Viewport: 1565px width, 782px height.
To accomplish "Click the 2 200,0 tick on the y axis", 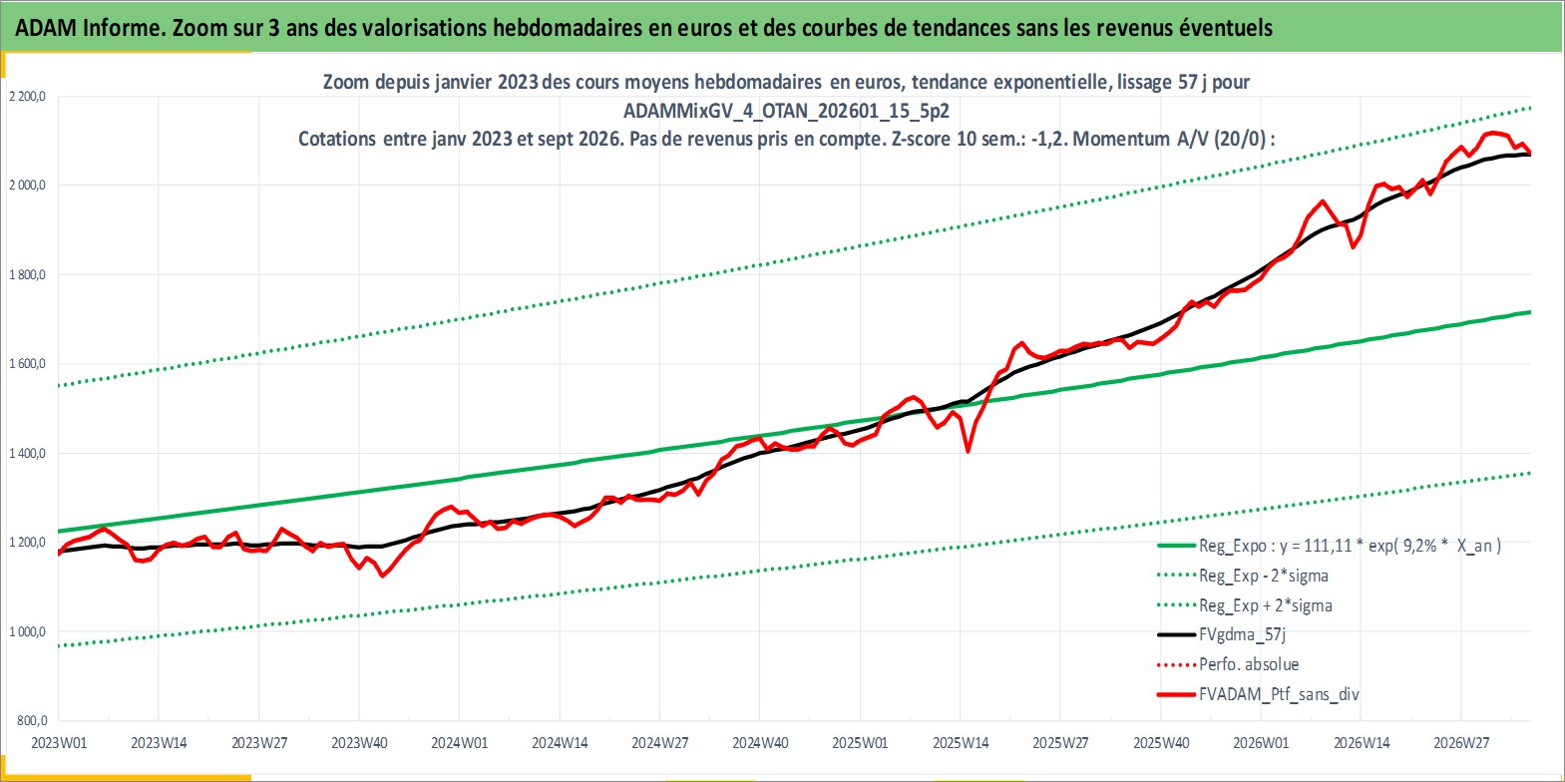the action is (27, 97).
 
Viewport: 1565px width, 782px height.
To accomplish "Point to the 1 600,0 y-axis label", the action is (27, 364).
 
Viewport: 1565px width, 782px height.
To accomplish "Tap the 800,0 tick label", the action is (32, 720).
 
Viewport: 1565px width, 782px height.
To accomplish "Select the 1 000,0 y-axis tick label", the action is (27, 631).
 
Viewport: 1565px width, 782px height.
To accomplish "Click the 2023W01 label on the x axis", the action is (59, 743).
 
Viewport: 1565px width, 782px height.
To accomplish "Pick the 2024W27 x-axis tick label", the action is (660, 743).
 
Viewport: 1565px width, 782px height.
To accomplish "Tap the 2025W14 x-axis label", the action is (961, 743).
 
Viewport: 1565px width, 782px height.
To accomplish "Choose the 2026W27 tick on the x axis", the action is (1461, 743).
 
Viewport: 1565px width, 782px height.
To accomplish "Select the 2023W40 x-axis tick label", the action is (359, 743).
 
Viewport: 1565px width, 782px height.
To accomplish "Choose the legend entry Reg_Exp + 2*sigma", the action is (1266, 605).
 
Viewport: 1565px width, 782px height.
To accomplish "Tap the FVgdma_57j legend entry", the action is (1242, 634).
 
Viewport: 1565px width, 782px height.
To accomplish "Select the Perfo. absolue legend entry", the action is (1249, 664).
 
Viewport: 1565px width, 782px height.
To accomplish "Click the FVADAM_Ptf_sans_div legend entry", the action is (1280, 694).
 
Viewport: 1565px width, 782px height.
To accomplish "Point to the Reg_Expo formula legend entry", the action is (1350, 546).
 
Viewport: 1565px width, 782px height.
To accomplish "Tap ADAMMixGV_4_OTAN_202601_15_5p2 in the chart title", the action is (786, 111).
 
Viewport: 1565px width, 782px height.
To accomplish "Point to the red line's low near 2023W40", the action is (382, 576).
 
